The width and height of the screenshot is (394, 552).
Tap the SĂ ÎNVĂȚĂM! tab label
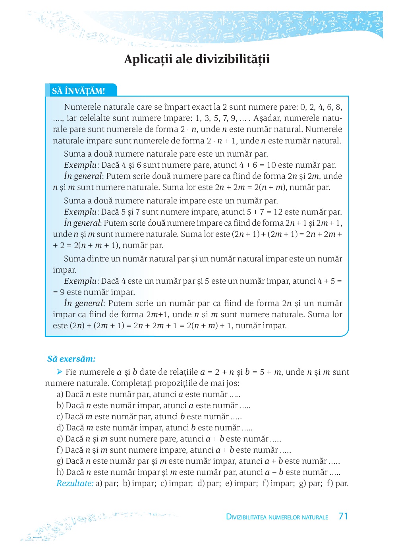[79, 91]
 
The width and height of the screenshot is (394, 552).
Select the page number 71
[343, 516]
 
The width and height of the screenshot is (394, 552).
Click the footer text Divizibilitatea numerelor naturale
[277, 517]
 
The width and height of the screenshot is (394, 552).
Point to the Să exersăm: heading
[71, 359]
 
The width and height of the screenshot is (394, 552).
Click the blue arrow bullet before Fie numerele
[60, 372]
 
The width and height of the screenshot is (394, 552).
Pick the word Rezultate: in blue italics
[75, 483]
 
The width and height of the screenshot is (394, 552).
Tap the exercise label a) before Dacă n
[60, 394]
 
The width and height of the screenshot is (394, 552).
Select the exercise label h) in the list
[60, 472]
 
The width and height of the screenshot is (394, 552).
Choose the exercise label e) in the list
[60, 439]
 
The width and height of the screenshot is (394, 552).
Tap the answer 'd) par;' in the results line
[209, 483]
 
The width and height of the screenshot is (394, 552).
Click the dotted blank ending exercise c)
[236, 417]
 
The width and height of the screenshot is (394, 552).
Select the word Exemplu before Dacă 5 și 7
[80, 212]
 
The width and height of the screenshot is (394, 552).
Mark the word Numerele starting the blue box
[82, 107]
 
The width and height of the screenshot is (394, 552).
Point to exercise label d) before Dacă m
[60, 428]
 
